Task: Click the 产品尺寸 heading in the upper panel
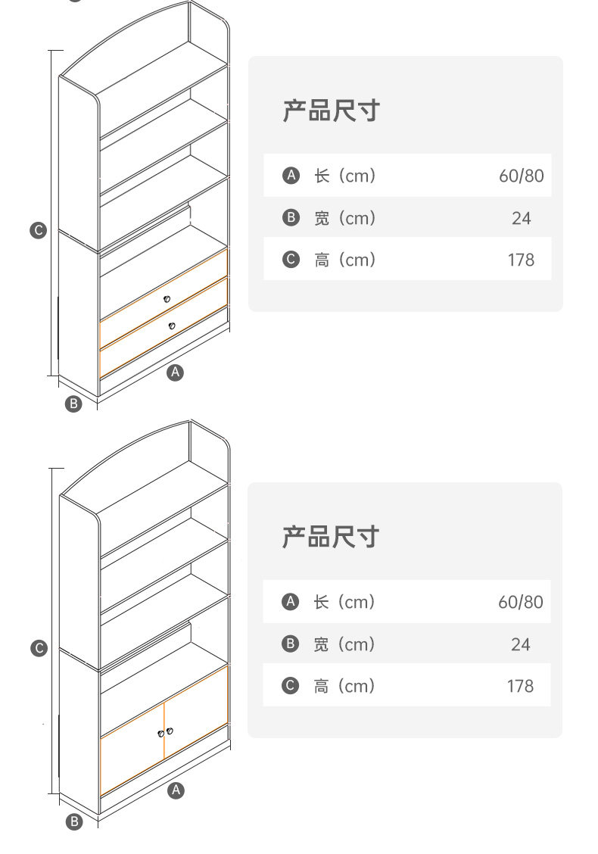[x=331, y=111]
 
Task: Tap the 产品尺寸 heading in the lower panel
[x=331, y=537]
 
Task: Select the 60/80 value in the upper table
[x=521, y=176]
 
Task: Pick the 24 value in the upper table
[x=521, y=218]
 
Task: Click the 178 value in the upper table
[x=521, y=260]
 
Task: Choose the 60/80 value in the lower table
[x=521, y=602]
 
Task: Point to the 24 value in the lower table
[x=521, y=644]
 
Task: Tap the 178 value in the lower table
[x=521, y=686]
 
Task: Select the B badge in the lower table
[x=291, y=644]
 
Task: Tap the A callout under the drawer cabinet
[x=176, y=372]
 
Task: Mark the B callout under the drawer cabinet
[x=73, y=404]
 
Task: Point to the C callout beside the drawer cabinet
[x=39, y=230]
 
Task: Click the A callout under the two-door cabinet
[x=176, y=790]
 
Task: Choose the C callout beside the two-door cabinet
[x=39, y=648]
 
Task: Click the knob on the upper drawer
[x=167, y=299]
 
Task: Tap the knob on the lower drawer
[x=172, y=326]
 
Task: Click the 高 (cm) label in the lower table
[x=344, y=686]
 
